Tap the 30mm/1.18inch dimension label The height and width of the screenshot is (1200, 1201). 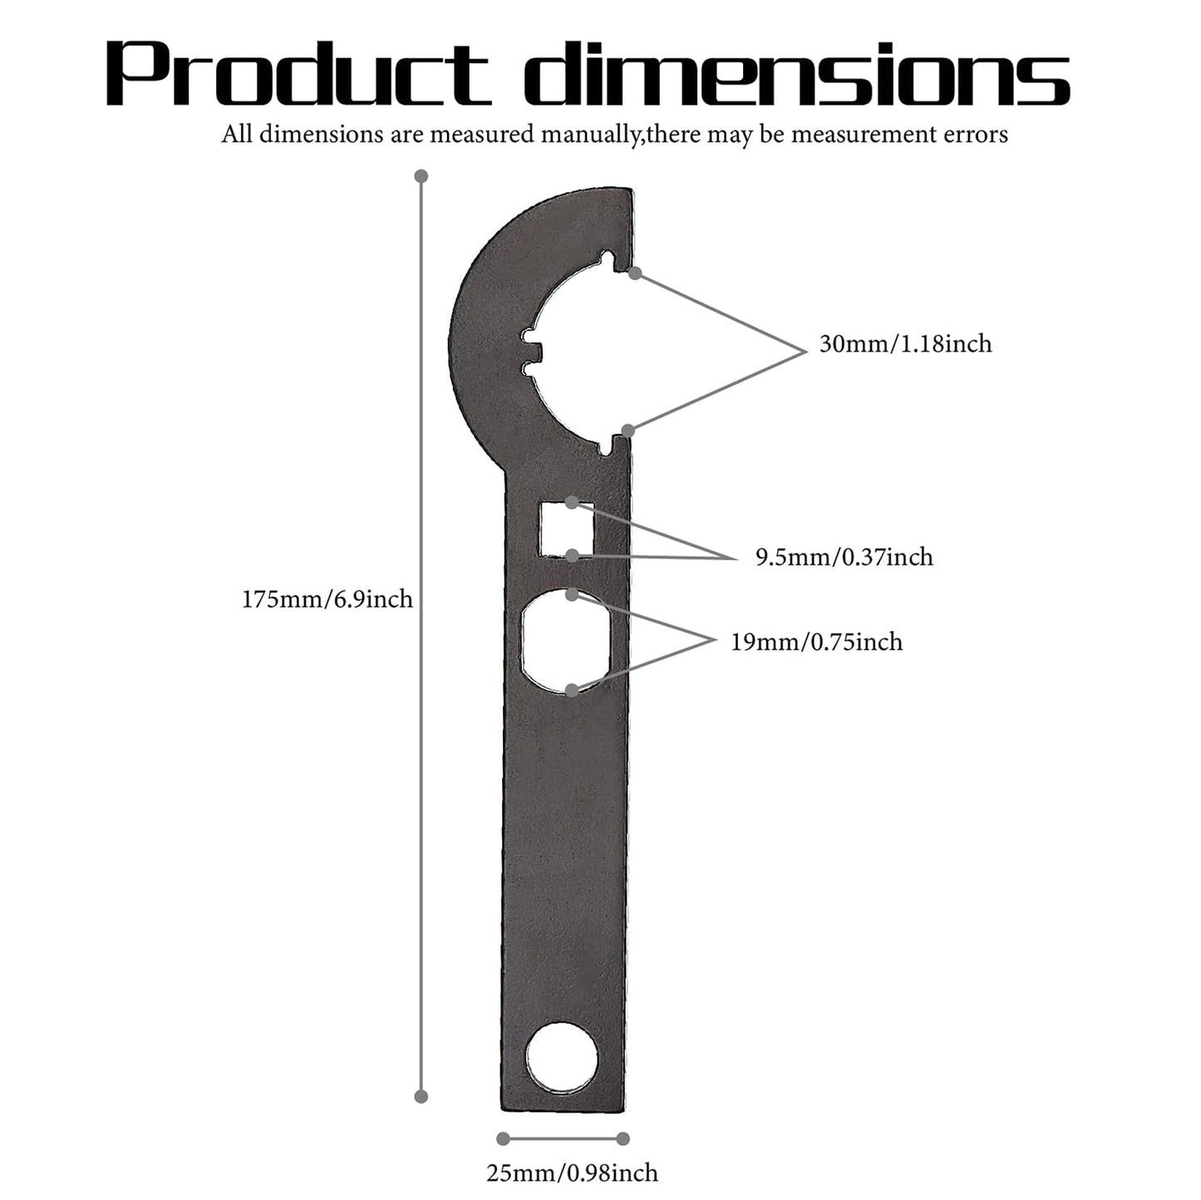(x=905, y=344)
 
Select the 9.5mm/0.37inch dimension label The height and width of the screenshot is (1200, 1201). (x=844, y=557)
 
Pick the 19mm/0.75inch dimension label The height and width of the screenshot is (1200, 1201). (x=816, y=642)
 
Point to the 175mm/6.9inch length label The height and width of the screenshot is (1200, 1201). (x=327, y=599)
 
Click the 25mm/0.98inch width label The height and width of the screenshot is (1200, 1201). (x=572, y=1173)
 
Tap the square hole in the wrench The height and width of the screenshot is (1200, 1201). (x=566, y=530)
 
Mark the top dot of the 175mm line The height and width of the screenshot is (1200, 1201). (x=421, y=176)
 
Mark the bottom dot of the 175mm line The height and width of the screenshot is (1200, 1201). (x=421, y=1096)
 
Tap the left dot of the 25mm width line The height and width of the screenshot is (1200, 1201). (x=503, y=1139)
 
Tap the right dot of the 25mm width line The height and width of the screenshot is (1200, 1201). (x=623, y=1139)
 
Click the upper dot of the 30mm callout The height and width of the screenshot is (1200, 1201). (x=635, y=273)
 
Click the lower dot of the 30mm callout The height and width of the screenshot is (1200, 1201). (x=628, y=430)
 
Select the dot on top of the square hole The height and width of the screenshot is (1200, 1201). (x=572, y=502)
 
